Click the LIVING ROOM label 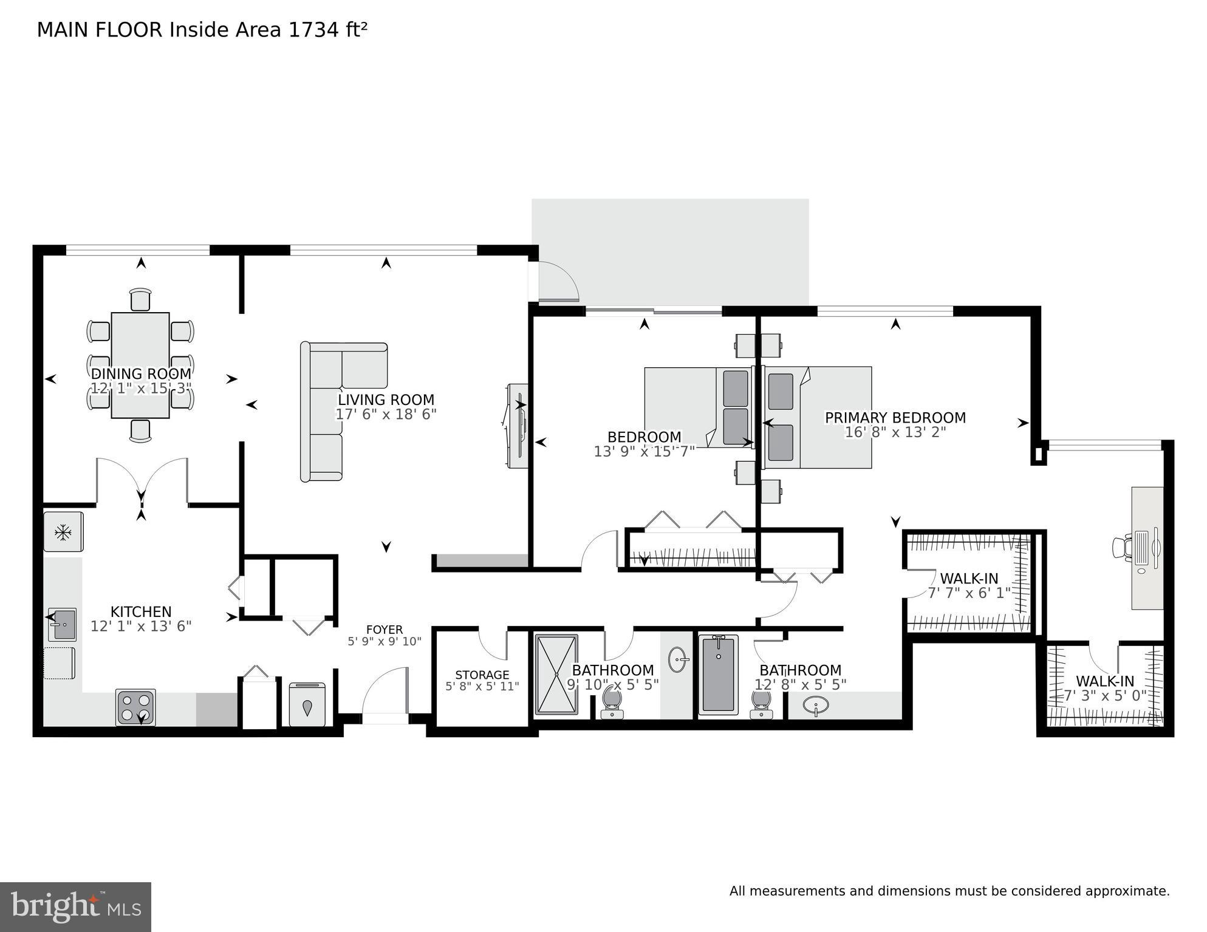386,400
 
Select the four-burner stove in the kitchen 135,707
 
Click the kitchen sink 62,624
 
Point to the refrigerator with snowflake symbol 63,532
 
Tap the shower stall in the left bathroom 556,674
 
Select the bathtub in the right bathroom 718,674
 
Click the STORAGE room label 482,675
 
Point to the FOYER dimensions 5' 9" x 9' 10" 384,641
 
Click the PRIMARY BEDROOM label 895,418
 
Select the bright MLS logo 75,906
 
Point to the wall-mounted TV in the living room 516,425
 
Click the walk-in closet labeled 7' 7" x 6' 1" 969,585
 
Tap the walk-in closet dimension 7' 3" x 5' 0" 1104,696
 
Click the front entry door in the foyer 385,692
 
